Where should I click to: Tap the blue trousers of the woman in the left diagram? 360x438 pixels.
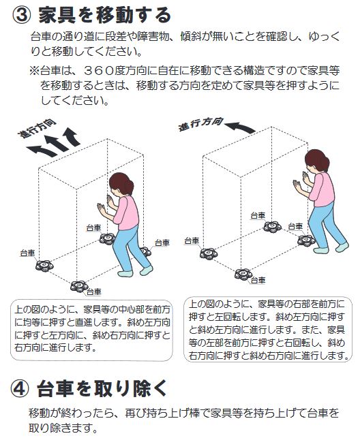click(127, 249)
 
